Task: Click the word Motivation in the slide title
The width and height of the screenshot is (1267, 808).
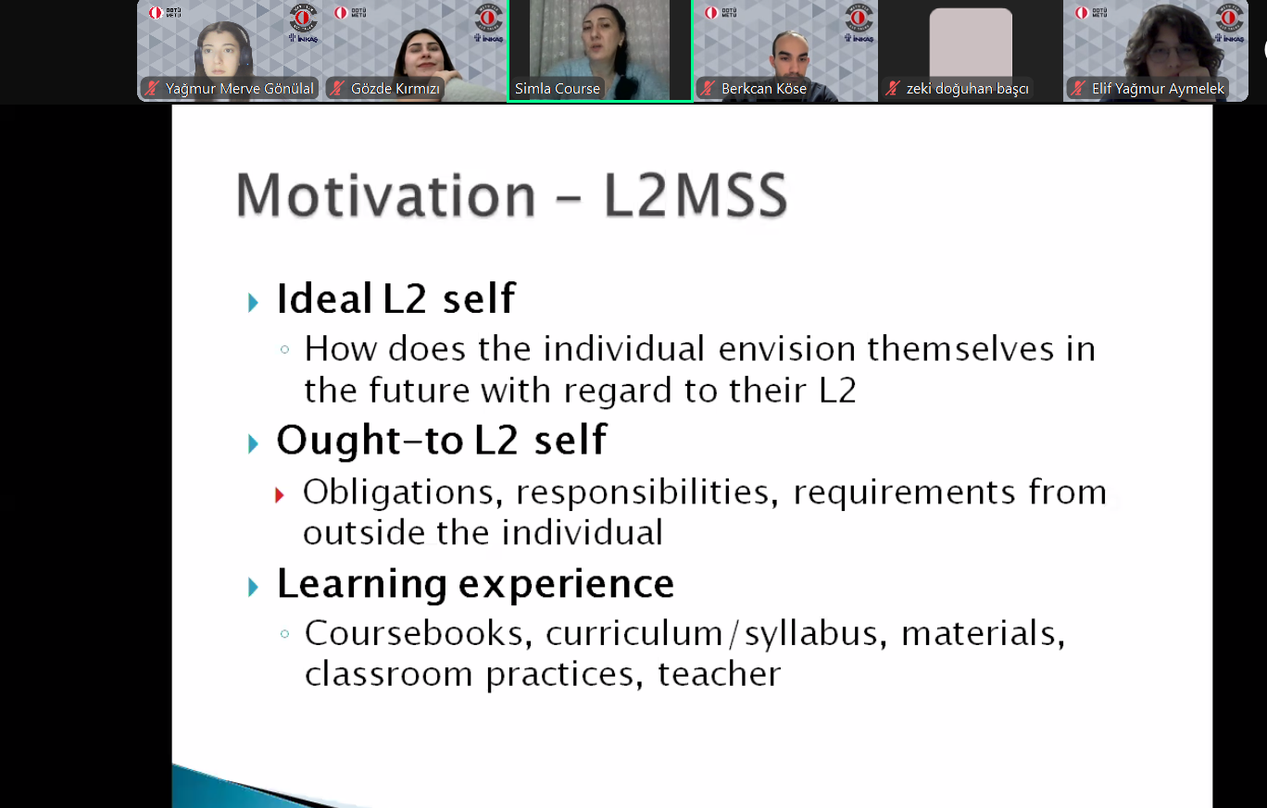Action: coord(385,195)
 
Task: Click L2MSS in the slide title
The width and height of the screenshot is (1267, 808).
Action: coord(696,195)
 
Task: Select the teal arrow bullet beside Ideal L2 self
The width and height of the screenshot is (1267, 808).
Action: coord(253,303)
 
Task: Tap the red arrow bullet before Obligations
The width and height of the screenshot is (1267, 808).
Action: coord(279,495)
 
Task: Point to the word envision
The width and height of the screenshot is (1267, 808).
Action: coord(787,348)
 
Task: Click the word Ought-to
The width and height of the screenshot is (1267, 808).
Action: coord(370,440)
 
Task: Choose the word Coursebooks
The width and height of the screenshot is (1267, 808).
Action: coord(419,633)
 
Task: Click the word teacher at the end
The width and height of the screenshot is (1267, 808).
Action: coord(719,674)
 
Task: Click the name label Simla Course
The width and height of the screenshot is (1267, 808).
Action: coord(558,89)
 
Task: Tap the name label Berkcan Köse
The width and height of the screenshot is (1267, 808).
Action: coord(763,89)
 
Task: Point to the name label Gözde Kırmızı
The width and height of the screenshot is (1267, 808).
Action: coord(395,89)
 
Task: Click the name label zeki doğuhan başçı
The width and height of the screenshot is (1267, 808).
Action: coord(967,89)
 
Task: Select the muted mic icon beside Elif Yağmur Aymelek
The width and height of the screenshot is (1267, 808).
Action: coord(1078,88)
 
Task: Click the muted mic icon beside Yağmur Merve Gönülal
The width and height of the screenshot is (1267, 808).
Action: coord(151,88)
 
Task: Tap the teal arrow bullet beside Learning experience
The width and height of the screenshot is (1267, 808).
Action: coord(253,588)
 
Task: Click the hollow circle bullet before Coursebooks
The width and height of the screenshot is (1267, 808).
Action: coord(285,634)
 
